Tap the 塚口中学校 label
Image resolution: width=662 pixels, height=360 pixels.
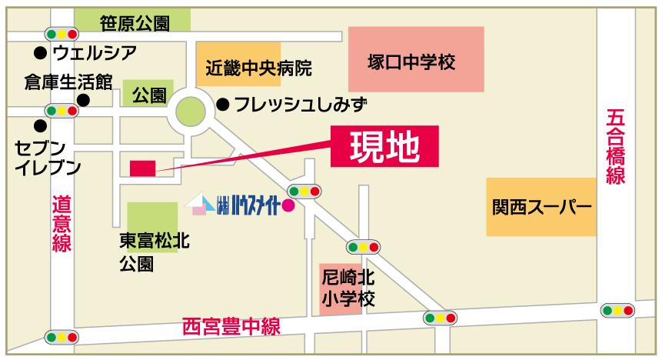411,62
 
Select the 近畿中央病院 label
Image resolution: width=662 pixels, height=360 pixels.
258,68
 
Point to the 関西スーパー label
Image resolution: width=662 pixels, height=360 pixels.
541,207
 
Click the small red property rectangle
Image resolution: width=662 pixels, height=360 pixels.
142,168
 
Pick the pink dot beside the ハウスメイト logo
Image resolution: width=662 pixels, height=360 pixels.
288,205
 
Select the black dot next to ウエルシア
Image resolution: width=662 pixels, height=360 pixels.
39,53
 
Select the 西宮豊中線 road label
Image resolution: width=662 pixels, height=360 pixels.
231,325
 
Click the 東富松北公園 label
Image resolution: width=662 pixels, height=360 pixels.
154,252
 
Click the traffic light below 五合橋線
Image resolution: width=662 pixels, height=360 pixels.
618,311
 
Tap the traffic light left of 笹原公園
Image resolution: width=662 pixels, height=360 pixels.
62,35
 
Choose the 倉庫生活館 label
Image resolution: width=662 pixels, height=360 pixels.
68,81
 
